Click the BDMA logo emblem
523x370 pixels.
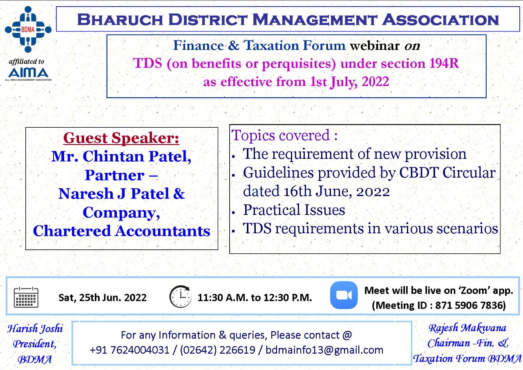(x=28, y=29)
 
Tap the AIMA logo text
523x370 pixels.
(x=28, y=72)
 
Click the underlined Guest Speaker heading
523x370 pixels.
(x=121, y=138)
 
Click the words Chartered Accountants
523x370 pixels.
(x=121, y=231)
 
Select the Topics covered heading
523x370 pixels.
(x=285, y=135)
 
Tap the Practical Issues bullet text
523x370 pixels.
(x=294, y=210)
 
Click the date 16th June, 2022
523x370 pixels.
(x=316, y=191)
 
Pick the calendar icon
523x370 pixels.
(x=26, y=297)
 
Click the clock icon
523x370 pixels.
(x=180, y=297)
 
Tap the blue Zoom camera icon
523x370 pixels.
(x=344, y=295)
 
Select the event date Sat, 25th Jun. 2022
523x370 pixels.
(x=102, y=298)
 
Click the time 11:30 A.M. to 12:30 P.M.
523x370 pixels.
(x=255, y=298)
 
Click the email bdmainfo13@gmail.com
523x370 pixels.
(x=324, y=350)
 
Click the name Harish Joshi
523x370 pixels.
(x=35, y=328)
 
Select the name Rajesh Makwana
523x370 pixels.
(x=467, y=328)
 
